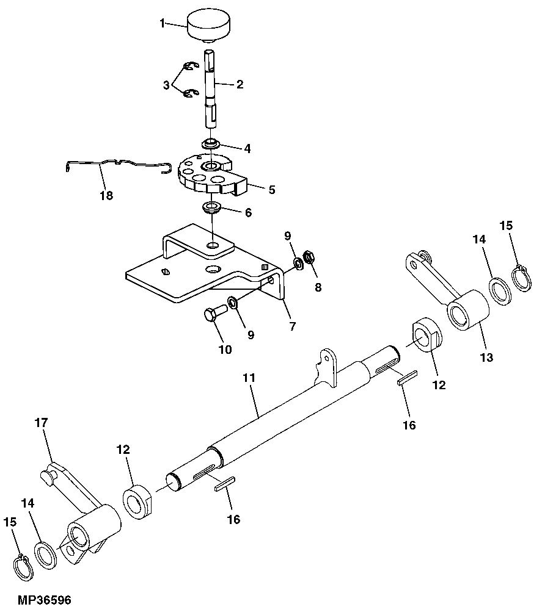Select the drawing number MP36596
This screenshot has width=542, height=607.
click(35, 600)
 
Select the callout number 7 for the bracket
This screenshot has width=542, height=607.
click(293, 326)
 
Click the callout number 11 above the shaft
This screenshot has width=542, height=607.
click(248, 378)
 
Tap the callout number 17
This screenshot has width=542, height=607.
click(42, 422)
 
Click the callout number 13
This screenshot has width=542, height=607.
click(486, 357)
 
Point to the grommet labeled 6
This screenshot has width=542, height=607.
click(212, 208)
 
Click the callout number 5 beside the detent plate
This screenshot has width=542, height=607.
click(271, 189)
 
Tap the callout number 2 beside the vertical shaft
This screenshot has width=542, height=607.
click(240, 84)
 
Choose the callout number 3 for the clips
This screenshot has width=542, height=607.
click(166, 85)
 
